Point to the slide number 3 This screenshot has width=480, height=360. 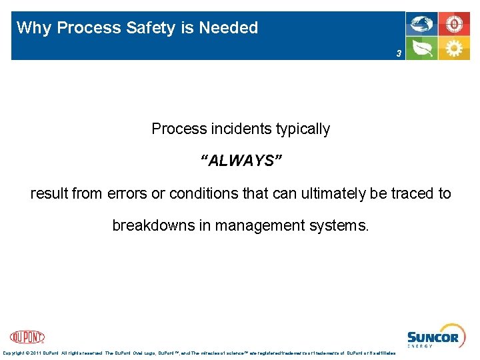click(x=399, y=53)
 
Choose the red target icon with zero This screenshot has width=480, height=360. click(x=455, y=24)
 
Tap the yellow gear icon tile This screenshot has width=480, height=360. click(x=455, y=49)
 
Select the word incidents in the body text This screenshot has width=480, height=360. click(x=238, y=129)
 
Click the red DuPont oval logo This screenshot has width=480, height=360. click(x=27, y=337)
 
